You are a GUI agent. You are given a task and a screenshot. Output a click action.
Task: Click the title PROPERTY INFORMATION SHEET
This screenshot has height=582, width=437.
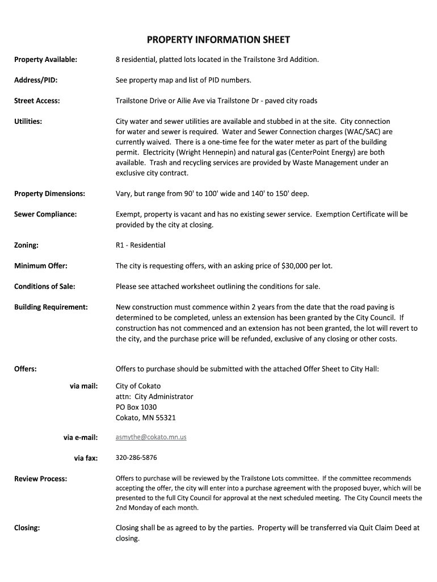click(x=218, y=40)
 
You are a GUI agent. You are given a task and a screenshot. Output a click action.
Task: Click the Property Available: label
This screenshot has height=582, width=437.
click(x=46, y=59)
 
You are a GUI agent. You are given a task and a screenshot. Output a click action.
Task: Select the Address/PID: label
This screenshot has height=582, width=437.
click(x=36, y=80)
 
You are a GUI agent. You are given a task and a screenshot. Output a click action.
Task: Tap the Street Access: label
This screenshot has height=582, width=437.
click(x=37, y=101)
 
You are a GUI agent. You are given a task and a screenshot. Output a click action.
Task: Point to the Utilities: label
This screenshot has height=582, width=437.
click(x=28, y=122)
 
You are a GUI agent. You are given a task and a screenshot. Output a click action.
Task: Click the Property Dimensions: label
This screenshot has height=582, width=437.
click(x=49, y=194)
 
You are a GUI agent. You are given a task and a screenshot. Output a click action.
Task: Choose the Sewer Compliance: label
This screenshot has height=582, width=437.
click(x=45, y=214)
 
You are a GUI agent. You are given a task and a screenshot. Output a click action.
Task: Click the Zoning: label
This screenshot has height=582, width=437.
click(x=27, y=245)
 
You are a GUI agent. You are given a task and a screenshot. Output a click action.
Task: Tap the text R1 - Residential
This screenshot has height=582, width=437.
click(x=140, y=245)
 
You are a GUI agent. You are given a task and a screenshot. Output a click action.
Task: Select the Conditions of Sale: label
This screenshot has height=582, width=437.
click(x=45, y=286)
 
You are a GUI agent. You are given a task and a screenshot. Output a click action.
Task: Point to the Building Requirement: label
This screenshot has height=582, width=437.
click(x=51, y=307)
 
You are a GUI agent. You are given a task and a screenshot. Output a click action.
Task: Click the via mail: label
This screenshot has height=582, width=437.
click(x=83, y=386)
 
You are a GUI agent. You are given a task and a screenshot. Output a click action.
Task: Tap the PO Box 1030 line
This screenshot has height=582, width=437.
click(x=136, y=407)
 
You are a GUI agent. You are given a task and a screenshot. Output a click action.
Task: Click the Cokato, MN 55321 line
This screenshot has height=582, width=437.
click(x=146, y=418)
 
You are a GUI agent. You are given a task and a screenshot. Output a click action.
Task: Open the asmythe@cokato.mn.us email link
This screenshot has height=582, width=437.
click(x=151, y=437)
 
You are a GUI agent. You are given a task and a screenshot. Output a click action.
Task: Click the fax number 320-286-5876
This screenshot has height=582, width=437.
click(x=136, y=458)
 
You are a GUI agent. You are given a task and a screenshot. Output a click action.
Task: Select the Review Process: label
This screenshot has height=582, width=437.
click(x=41, y=479)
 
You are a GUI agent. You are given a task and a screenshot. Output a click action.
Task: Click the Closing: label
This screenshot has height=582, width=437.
click(x=27, y=528)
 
